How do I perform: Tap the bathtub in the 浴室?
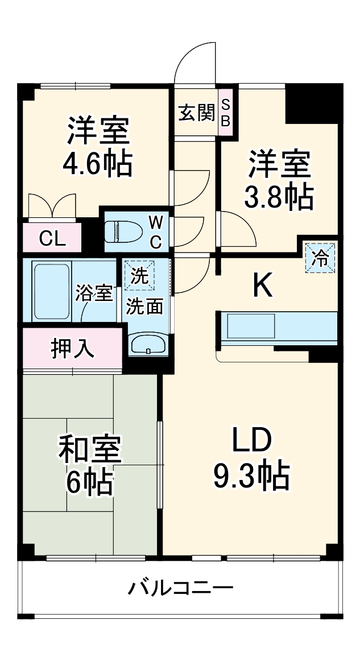pos(51,291)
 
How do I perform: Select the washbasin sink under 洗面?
pos(148,344)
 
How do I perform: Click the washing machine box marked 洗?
pos(139,275)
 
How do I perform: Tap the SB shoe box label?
pos(226,112)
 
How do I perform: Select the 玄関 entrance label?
pos(197,113)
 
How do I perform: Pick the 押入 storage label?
pos(73,348)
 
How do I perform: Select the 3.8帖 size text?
pos(278,196)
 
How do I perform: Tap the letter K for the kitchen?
pos(262,286)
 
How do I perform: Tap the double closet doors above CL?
pos(52,205)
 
